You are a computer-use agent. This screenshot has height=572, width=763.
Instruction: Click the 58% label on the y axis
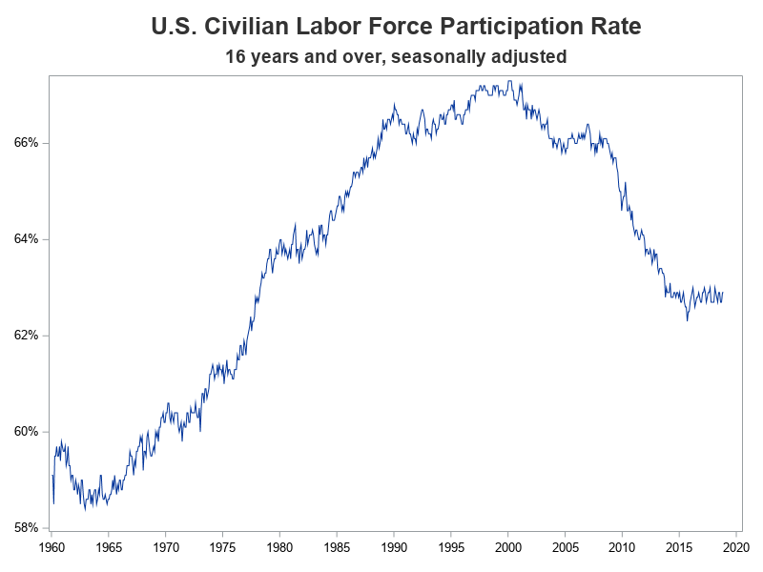pyautogui.click(x=27, y=527)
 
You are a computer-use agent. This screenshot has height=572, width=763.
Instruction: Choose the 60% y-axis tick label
pyautogui.click(x=27, y=431)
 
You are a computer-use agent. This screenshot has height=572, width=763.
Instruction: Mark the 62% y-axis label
pyautogui.click(x=27, y=335)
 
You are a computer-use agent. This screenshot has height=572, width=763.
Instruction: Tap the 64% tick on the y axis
pyautogui.click(x=27, y=238)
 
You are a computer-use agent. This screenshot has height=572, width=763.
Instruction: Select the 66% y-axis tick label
pyautogui.click(x=27, y=142)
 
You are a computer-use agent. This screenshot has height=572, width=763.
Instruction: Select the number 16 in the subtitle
pyautogui.click(x=236, y=57)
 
